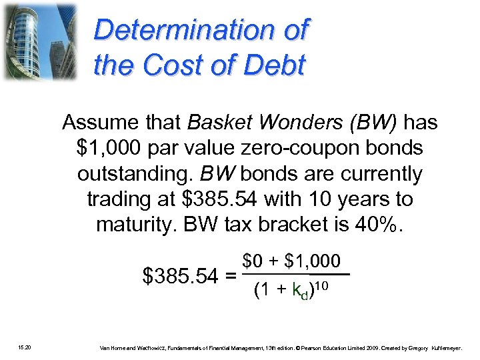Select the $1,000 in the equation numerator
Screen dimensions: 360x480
pyautogui.click(x=312, y=261)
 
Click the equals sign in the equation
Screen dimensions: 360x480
pyautogui.click(x=229, y=275)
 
